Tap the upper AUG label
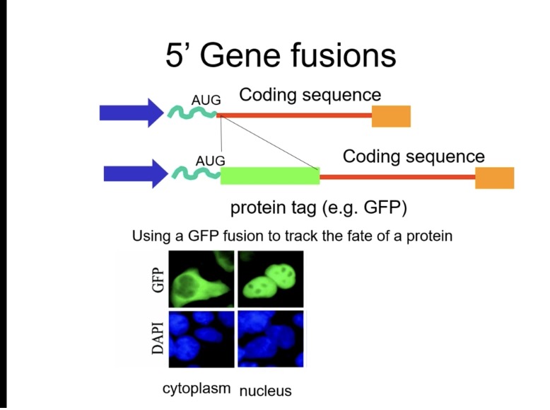click(x=206, y=101)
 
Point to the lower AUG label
click(x=210, y=161)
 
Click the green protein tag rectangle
click(x=269, y=176)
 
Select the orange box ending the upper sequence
click(x=391, y=115)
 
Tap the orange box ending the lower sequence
click(x=494, y=178)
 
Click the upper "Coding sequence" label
click(x=310, y=95)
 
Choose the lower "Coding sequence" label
click(x=414, y=156)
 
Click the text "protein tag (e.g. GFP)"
click(x=319, y=208)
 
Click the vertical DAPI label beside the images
click(x=158, y=339)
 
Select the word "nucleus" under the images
click(x=265, y=391)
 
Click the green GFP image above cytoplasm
click(x=201, y=279)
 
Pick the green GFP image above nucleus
click(x=270, y=279)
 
